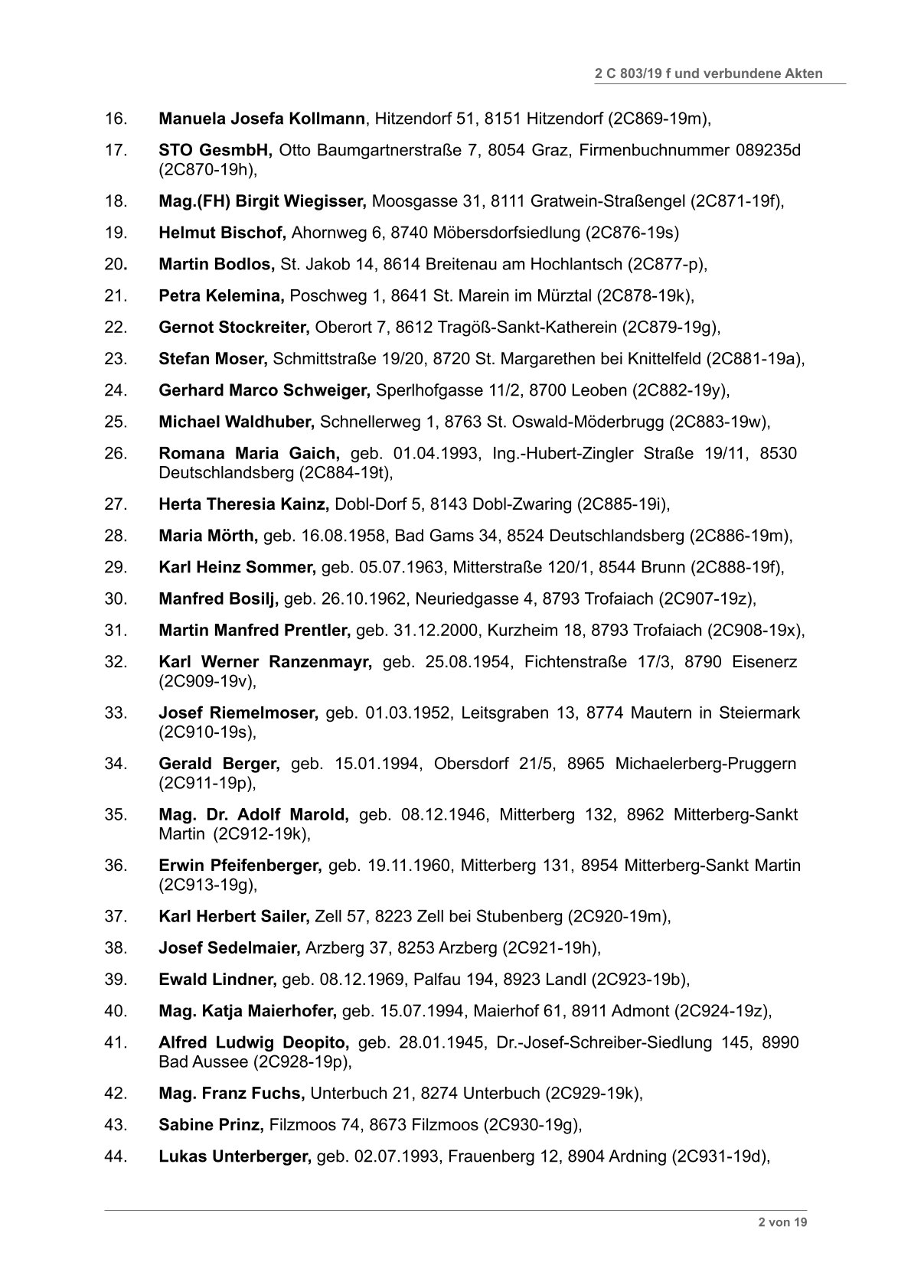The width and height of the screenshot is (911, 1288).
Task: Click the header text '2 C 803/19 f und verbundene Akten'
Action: pos(708,73)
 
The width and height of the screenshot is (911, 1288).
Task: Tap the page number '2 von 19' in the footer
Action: pos(782,1222)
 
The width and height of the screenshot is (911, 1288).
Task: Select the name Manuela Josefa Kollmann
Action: pos(261,119)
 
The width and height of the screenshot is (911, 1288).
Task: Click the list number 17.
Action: pos(115,149)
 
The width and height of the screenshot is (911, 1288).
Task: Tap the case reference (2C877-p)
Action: pos(665,264)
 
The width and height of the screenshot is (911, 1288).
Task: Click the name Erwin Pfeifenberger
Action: pos(240,866)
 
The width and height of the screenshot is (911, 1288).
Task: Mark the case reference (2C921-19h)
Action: pos(550,948)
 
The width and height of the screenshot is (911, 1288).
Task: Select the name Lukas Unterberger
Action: pos(234,1156)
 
